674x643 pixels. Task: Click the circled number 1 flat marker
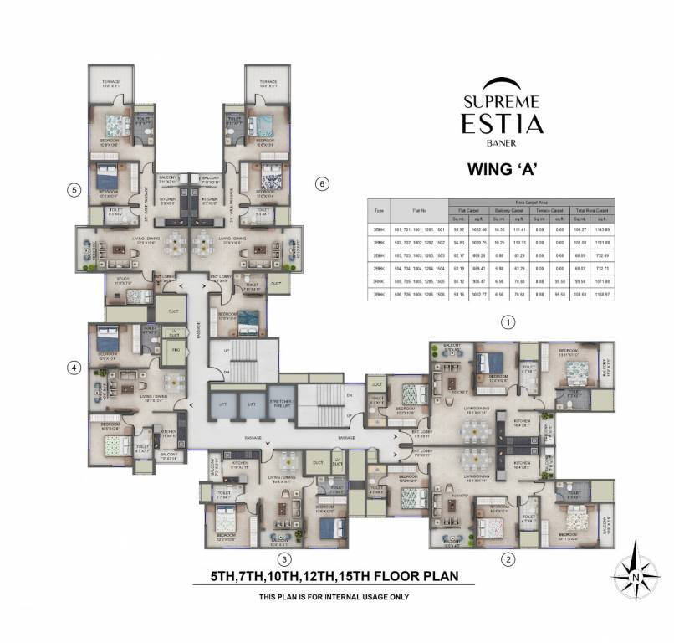(x=505, y=321)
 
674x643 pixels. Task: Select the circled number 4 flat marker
(x=74, y=367)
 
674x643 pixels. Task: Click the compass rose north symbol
(x=635, y=575)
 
